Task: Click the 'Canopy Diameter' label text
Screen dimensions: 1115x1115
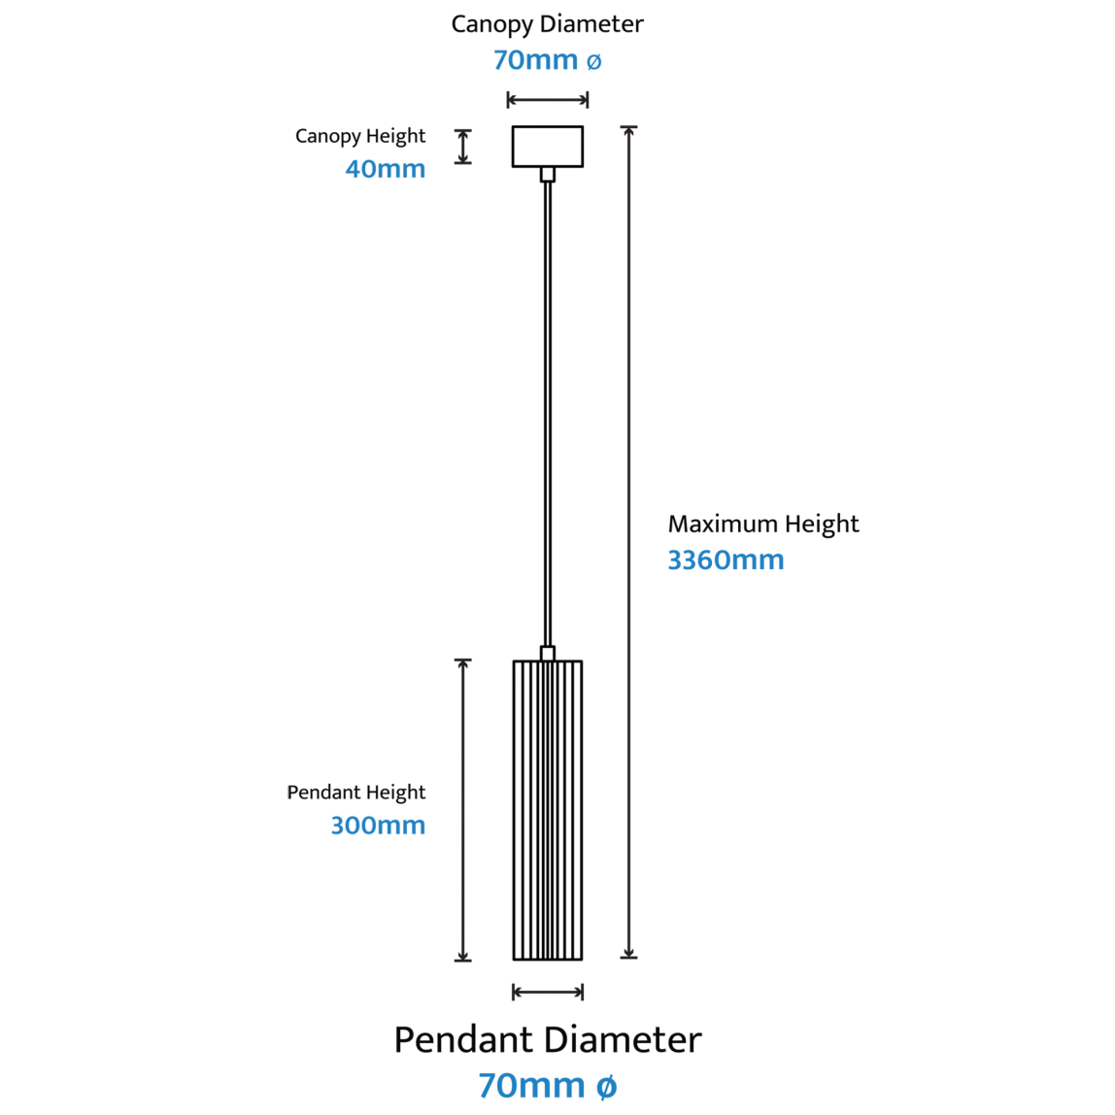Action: pyautogui.click(x=547, y=25)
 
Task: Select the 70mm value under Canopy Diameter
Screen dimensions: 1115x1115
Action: pyautogui.click(x=535, y=60)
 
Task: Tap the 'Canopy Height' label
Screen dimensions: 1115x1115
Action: pyautogui.click(x=359, y=137)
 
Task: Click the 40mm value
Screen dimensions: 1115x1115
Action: pyautogui.click(x=385, y=169)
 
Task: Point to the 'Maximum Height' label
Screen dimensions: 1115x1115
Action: pyautogui.click(x=763, y=524)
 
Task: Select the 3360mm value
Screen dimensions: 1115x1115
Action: pyautogui.click(x=726, y=560)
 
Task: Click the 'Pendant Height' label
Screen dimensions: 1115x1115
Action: pyautogui.click(x=355, y=793)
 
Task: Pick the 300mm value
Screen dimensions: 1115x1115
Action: pyautogui.click(x=378, y=826)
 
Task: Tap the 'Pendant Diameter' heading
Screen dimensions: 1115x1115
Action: pyautogui.click(x=548, y=1039)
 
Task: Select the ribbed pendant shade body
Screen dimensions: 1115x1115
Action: pyautogui.click(x=548, y=811)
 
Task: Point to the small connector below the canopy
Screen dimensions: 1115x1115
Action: pyautogui.click(x=548, y=174)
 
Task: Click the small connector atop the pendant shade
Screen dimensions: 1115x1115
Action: pyautogui.click(x=548, y=654)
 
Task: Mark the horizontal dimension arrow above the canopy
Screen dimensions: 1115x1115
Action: pyautogui.click(x=548, y=99)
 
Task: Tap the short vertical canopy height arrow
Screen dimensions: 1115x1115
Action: pyautogui.click(x=463, y=147)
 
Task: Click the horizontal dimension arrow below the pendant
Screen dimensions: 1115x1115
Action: pyautogui.click(x=548, y=992)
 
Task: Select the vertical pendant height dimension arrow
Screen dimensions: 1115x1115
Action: pyautogui.click(x=463, y=811)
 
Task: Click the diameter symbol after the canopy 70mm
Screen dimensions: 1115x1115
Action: pyautogui.click(x=593, y=62)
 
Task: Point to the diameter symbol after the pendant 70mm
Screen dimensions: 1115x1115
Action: pyautogui.click(x=606, y=1087)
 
